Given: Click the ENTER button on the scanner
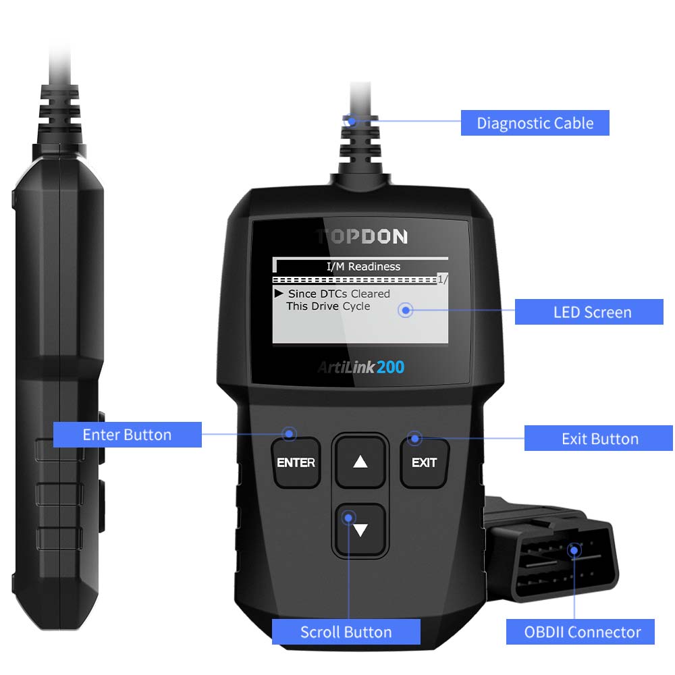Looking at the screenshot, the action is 296,462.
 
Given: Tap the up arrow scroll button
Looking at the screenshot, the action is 360,462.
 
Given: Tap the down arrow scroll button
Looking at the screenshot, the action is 360,529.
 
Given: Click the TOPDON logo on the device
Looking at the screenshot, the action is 362,236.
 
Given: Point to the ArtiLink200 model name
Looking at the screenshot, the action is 360,367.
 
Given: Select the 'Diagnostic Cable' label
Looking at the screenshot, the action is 535,123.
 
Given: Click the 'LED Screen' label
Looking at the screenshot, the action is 589,312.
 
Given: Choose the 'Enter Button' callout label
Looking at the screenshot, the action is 128,435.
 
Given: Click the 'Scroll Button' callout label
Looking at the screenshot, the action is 346,632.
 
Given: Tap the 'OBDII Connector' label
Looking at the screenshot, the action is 580,632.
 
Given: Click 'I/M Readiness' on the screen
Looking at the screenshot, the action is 363,267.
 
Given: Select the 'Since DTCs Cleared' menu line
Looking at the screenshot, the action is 339,294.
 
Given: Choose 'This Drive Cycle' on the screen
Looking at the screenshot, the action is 328,306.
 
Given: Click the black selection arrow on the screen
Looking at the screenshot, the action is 279,293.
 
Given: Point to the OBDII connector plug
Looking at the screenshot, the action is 551,551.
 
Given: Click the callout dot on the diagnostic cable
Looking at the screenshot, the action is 351,121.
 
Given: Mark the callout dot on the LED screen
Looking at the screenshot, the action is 406,310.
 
